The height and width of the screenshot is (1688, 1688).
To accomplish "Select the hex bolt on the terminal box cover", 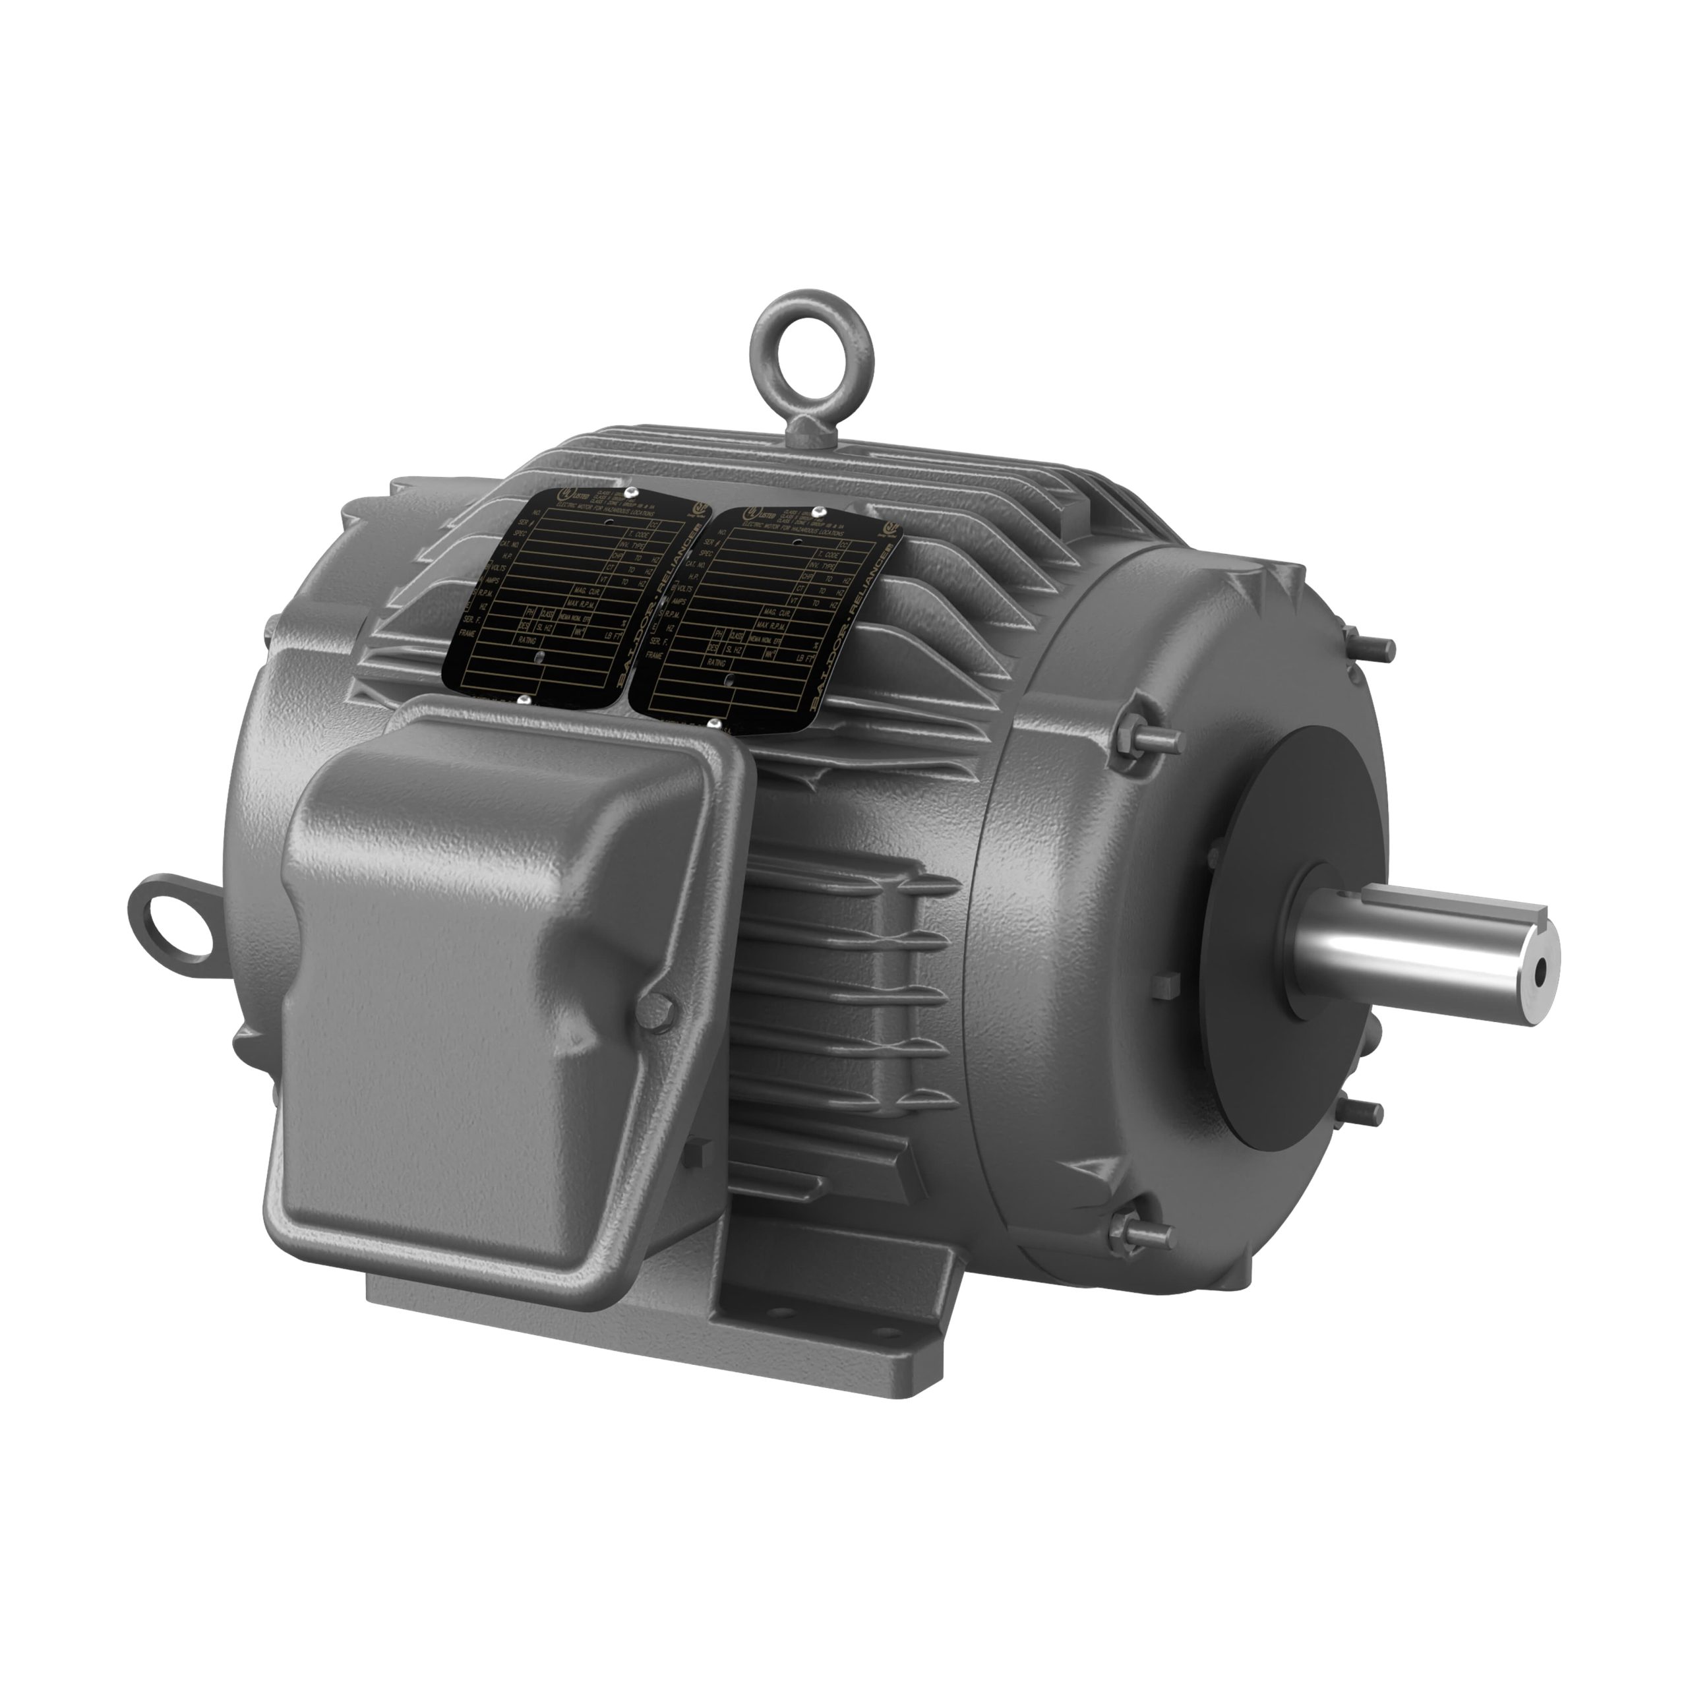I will click(x=657, y=1009).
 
